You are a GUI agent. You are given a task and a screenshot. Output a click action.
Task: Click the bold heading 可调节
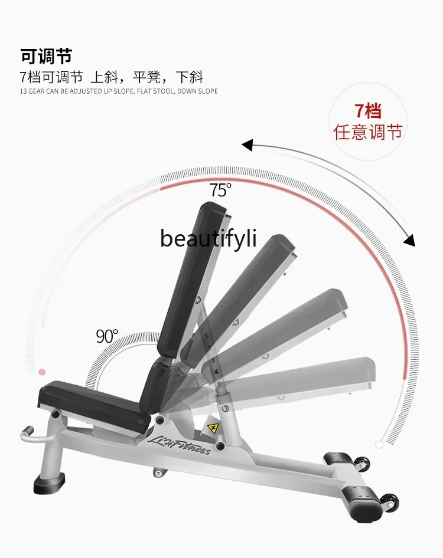point(46,57)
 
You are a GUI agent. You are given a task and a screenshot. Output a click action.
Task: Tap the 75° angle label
point(220,190)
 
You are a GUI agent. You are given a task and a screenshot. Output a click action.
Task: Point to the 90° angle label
point(107,336)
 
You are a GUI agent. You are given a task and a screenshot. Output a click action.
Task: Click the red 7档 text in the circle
point(367,111)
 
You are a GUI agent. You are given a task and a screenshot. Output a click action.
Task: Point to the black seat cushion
point(95,401)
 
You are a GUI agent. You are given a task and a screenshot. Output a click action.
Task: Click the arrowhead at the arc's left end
point(247,145)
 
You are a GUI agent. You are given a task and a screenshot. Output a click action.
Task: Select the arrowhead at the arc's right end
point(409,241)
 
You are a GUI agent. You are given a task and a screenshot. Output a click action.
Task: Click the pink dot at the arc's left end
point(41,372)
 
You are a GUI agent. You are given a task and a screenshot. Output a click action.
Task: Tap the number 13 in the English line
point(23,91)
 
